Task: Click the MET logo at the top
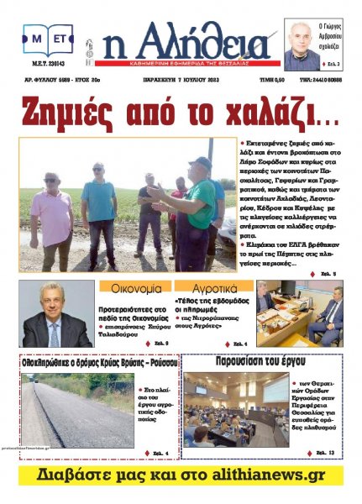point(48,39)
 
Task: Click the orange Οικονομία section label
point(134,287)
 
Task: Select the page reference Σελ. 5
point(326,274)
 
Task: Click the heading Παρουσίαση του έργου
point(264,365)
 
